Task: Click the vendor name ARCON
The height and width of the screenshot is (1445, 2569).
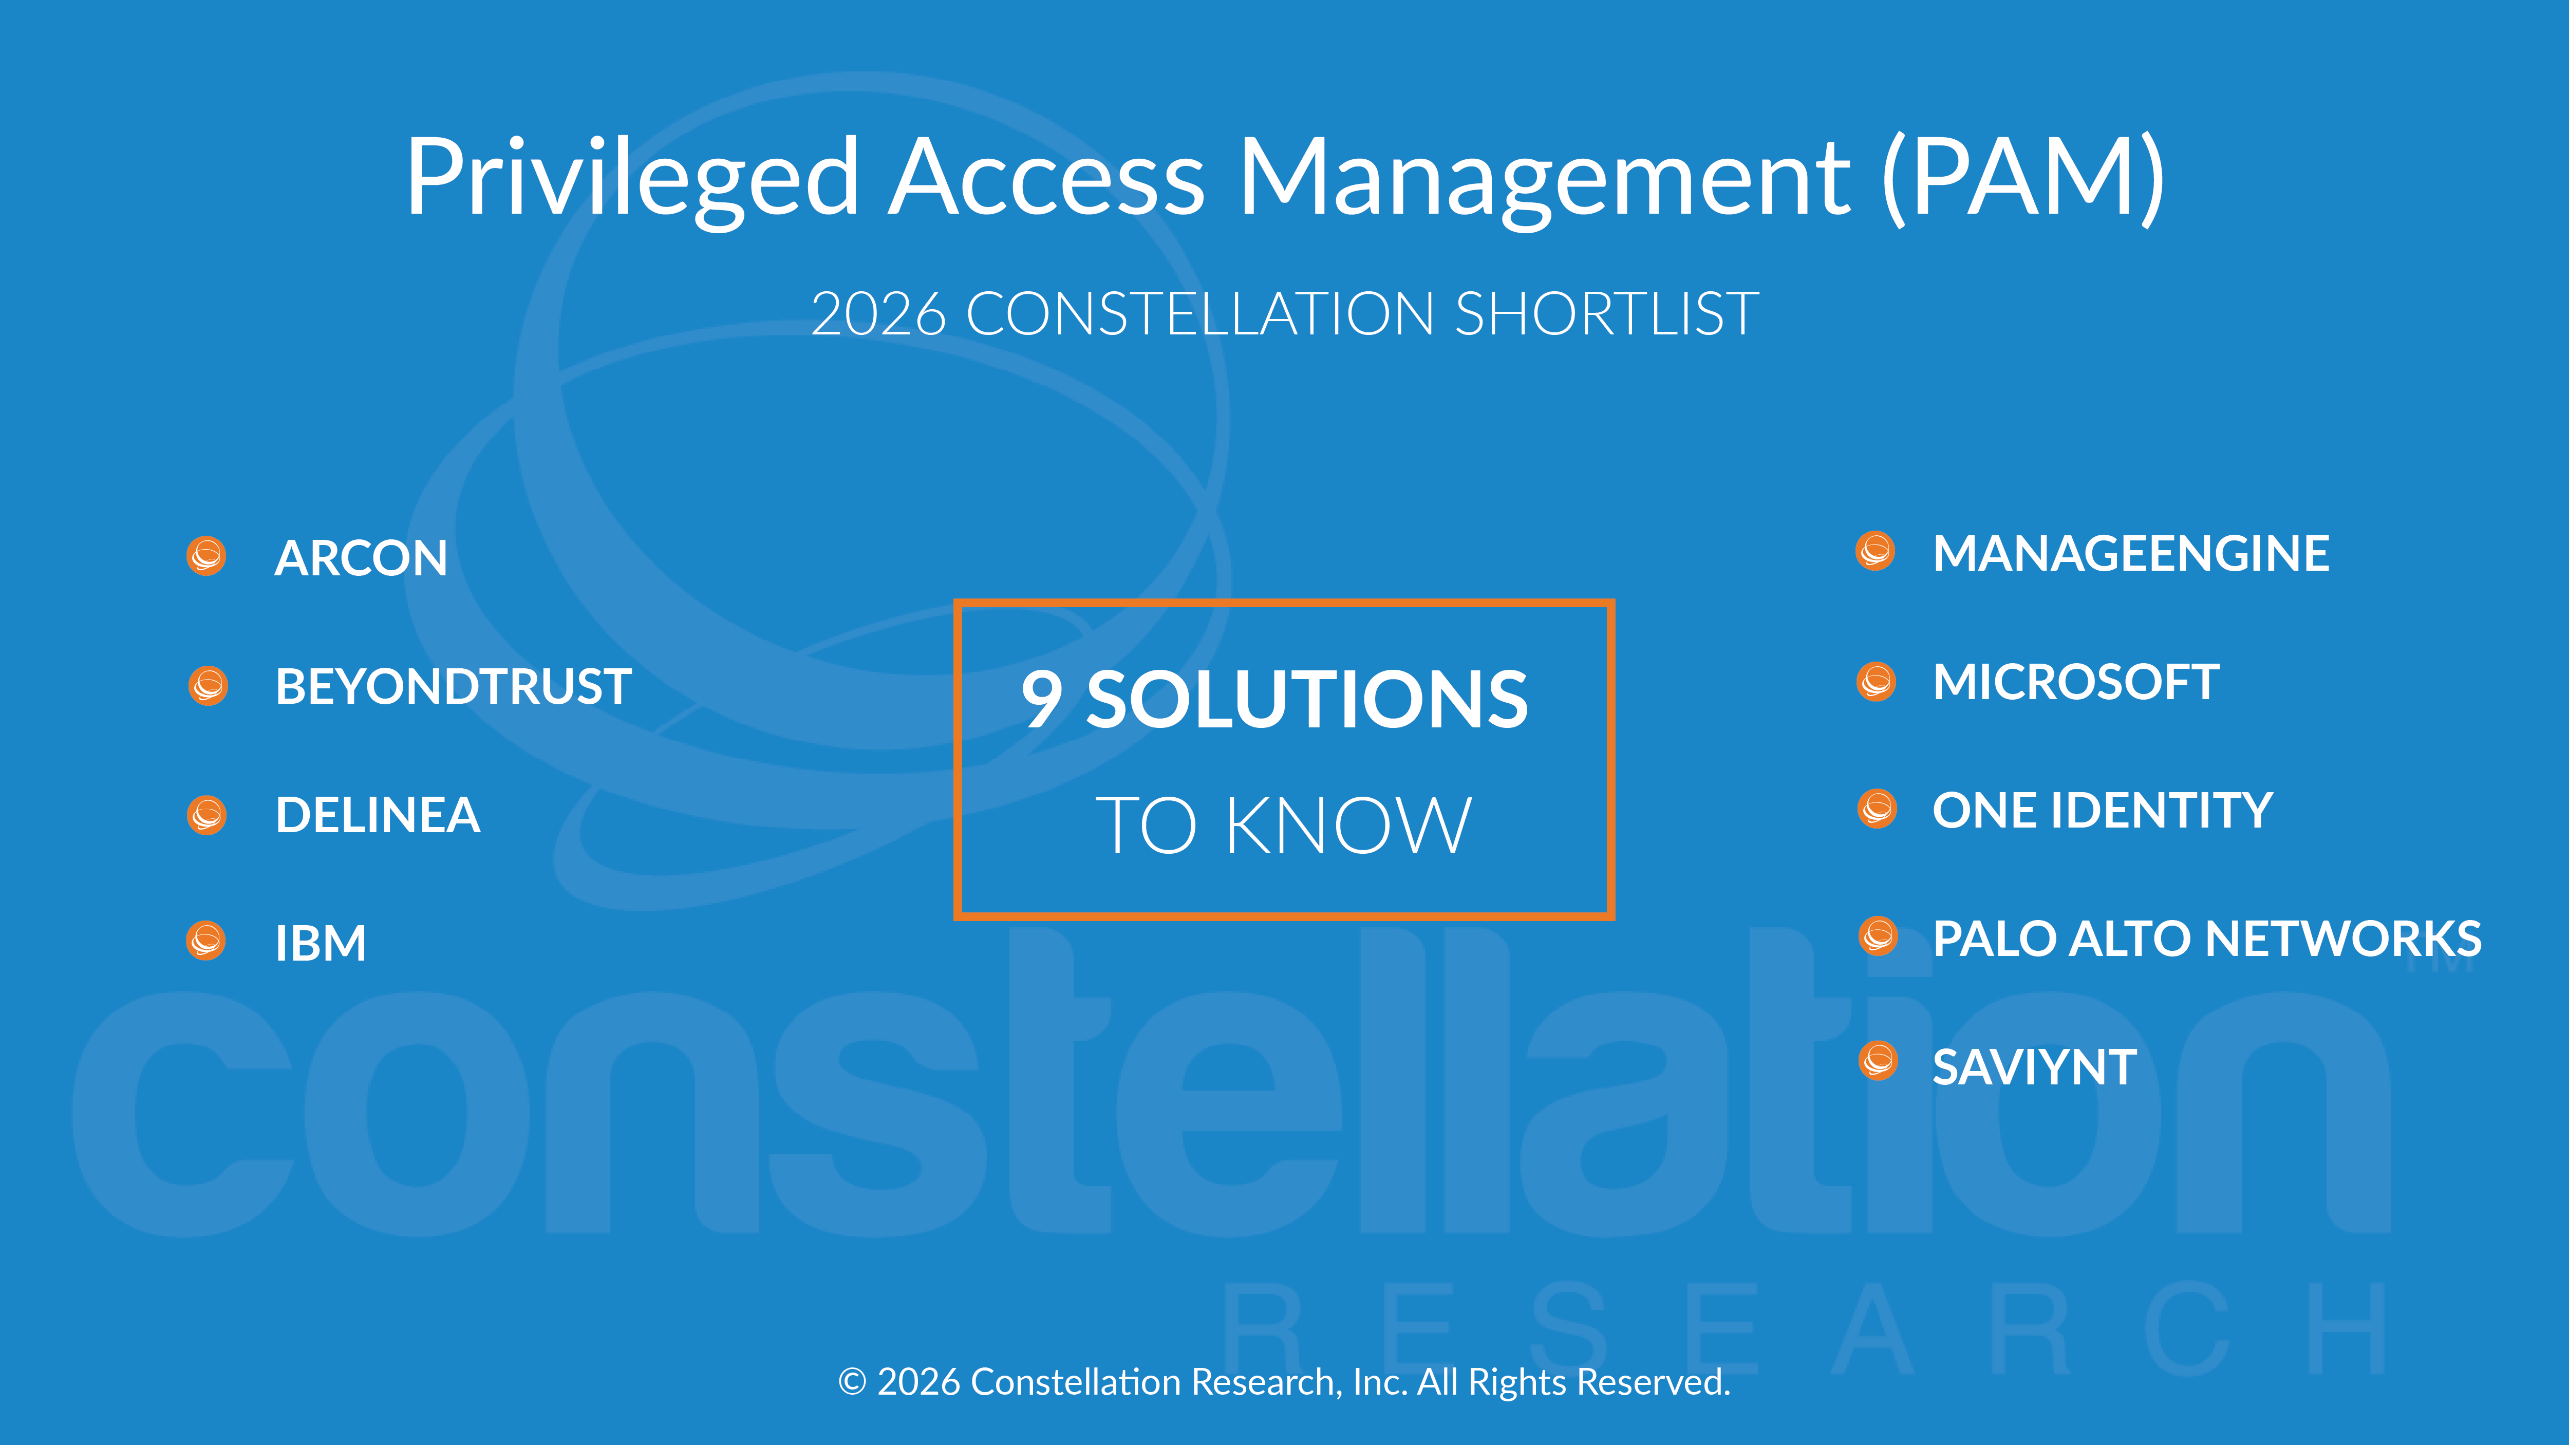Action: tap(361, 557)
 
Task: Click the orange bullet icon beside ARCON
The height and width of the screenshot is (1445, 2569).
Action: tap(207, 555)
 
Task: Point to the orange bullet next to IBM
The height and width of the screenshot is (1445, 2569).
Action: tap(207, 941)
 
